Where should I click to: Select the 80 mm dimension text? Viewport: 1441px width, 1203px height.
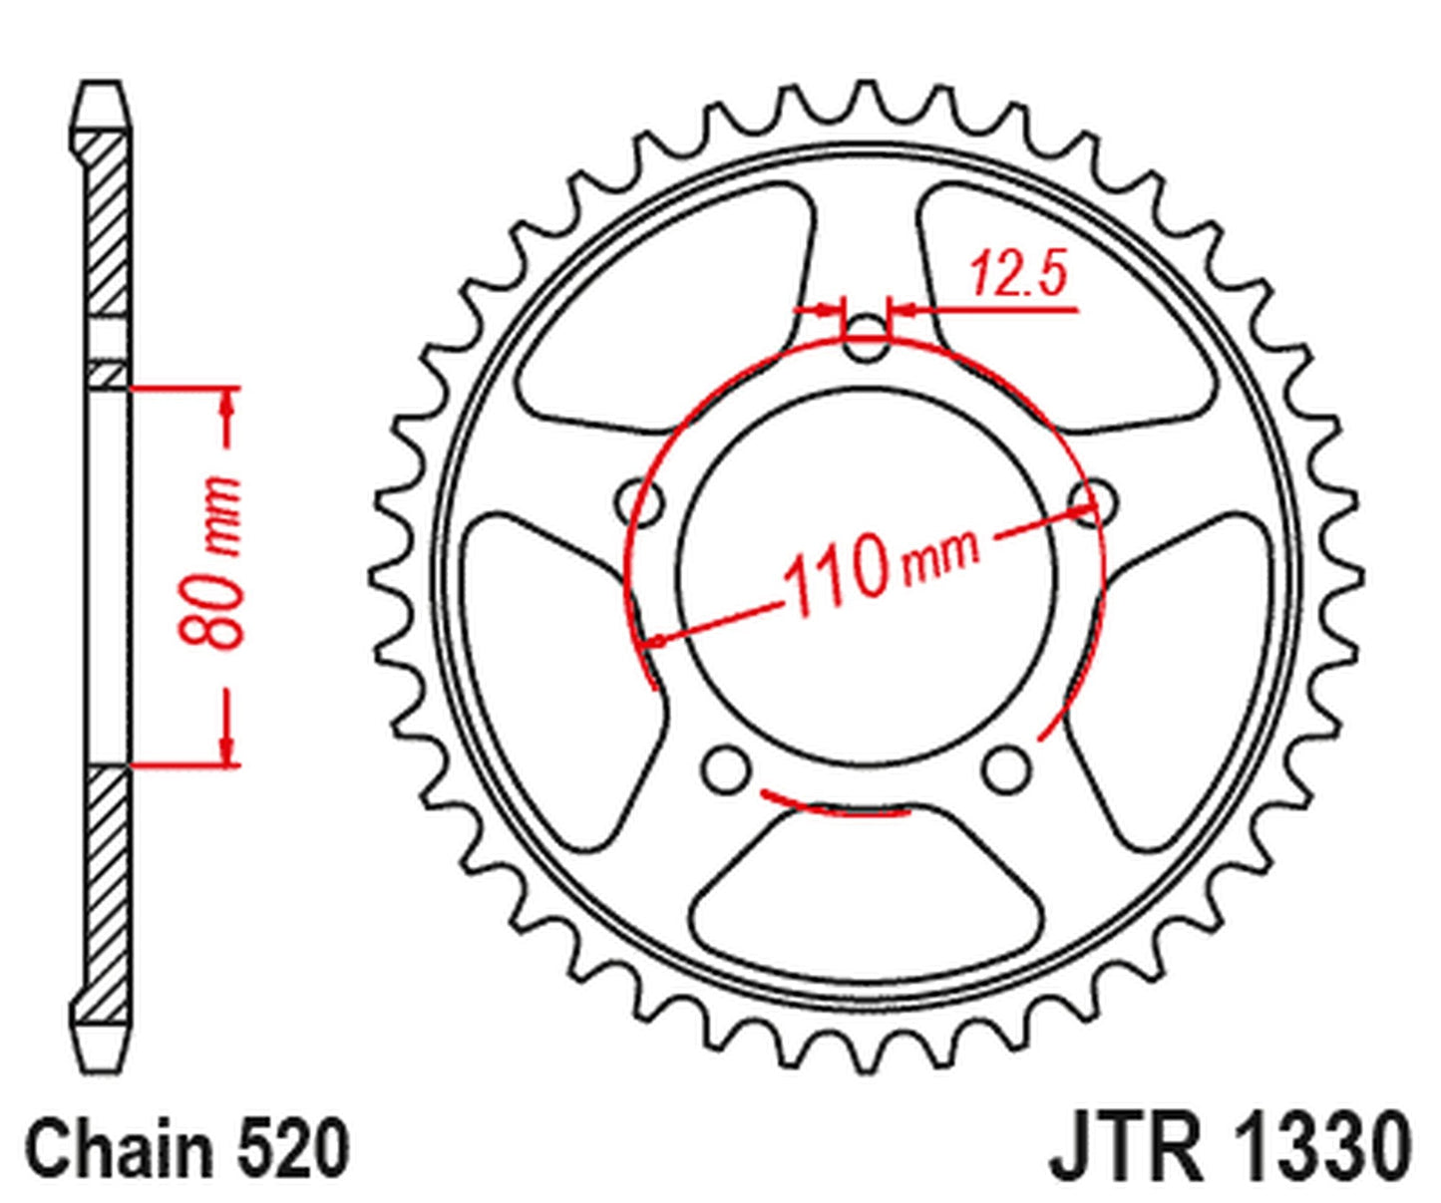pyautogui.click(x=212, y=563)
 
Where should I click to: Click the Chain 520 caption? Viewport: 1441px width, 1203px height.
pyautogui.click(x=187, y=1149)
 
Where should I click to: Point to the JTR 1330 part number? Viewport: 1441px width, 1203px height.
pyautogui.click(x=1231, y=1149)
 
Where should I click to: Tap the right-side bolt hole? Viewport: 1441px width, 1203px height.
pyautogui.click(x=1090, y=498)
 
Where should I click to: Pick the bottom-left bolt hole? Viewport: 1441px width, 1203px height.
pyautogui.click(x=726, y=768)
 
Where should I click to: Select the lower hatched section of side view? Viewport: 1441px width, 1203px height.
pyautogui.click(x=105, y=887)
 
